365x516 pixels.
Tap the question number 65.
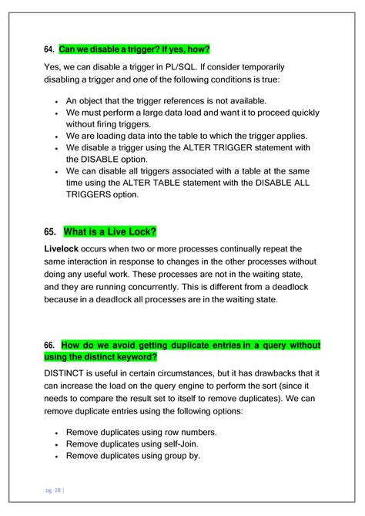click(x=52, y=231)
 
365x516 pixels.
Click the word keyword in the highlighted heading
click(x=136, y=356)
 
